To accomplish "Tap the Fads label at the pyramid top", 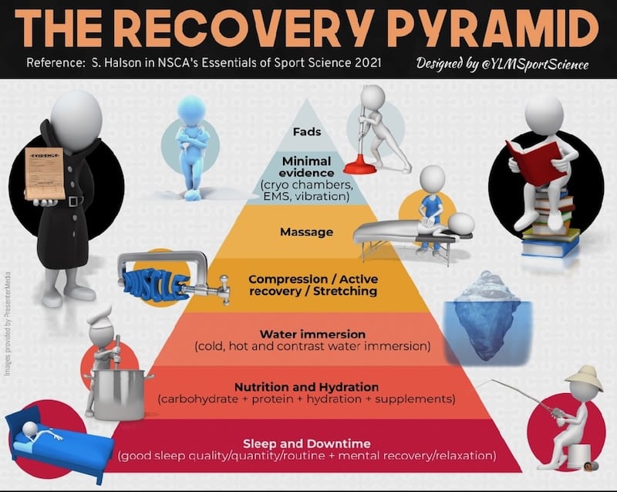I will [307, 132].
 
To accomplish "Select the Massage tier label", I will [307, 232].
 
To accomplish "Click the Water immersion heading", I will [307, 334].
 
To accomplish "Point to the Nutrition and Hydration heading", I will [307, 386].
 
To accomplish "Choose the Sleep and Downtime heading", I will [307, 443].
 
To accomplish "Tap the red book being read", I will [527, 158].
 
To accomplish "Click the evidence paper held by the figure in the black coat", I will [43, 172].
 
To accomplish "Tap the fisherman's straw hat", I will [583, 377].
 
